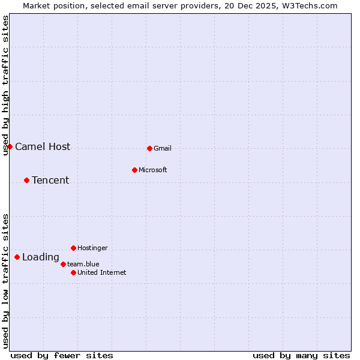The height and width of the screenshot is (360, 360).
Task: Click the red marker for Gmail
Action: pos(149,148)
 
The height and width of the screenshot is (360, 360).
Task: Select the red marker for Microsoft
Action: pos(134,170)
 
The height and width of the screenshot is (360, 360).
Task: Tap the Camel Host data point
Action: pos(10,146)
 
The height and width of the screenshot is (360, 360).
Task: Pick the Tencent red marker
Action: pos(26,180)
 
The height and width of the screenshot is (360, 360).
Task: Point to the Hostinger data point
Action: pos(73,248)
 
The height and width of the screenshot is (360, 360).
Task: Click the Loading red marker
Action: pos(17,257)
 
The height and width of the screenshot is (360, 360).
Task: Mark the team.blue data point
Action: pos(63,264)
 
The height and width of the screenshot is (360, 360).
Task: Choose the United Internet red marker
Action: pos(73,272)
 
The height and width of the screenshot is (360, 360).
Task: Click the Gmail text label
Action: pos(163,149)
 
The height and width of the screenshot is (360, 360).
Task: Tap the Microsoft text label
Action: pos(152,170)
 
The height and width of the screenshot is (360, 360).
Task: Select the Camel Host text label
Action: pos(43,147)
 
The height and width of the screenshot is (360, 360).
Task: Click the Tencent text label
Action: pos(50,181)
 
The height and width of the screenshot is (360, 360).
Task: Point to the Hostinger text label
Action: pos(92,248)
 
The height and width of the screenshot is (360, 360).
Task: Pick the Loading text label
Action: pos(41,257)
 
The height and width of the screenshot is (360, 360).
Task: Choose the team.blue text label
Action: pos(83,265)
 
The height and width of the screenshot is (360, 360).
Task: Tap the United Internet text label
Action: pos(102,273)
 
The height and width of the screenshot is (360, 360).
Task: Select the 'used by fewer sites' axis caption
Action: pos(62,355)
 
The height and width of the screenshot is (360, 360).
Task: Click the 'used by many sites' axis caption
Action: pos(301,355)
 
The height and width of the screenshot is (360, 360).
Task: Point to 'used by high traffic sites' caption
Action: pos(5,85)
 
